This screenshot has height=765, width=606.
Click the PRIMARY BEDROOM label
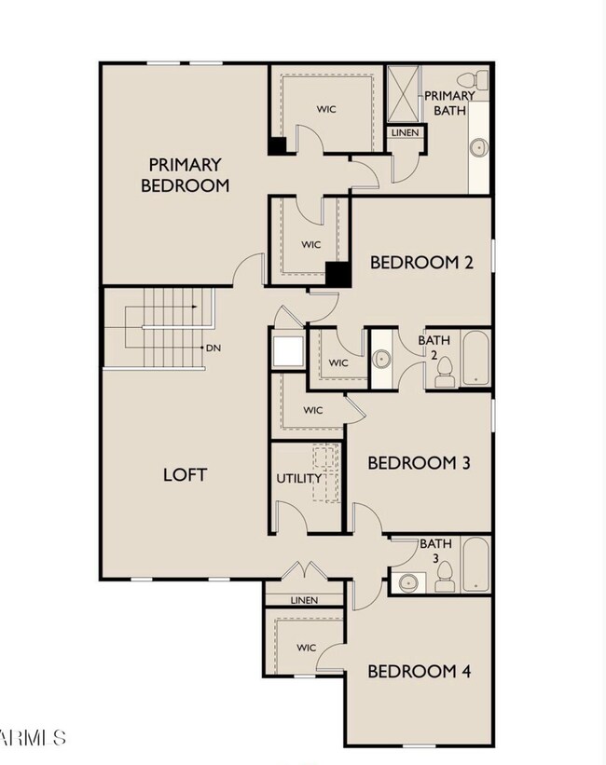[185, 175]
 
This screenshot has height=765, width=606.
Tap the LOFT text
[185, 473]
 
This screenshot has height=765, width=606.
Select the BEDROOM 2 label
[421, 262]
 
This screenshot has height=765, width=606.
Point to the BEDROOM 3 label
[418, 463]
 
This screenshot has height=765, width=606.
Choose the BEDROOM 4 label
[418, 671]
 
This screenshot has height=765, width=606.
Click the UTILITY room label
[298, 478]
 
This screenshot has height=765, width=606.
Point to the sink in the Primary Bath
[480, 147]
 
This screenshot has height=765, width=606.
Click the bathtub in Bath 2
[475, 358]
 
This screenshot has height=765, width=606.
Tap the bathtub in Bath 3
[475, 564]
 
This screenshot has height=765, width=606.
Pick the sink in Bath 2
[380, 359]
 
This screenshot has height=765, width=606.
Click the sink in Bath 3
[407, 582]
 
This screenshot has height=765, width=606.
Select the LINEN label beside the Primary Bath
[406, 132]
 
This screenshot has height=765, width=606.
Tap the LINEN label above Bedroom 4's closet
[304, 600]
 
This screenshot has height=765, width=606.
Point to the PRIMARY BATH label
[449, 103]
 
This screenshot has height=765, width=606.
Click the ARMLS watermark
[34, 738]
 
